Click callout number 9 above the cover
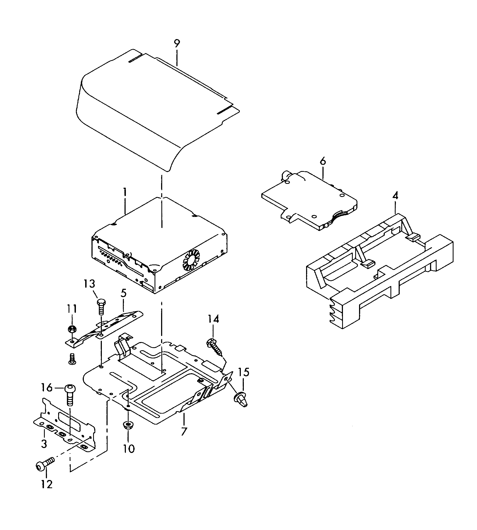click(x=177, y=44)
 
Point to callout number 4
click(x=395, y=196)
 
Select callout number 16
click(x=47, y=387)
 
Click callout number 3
click(x=44, y=443)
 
